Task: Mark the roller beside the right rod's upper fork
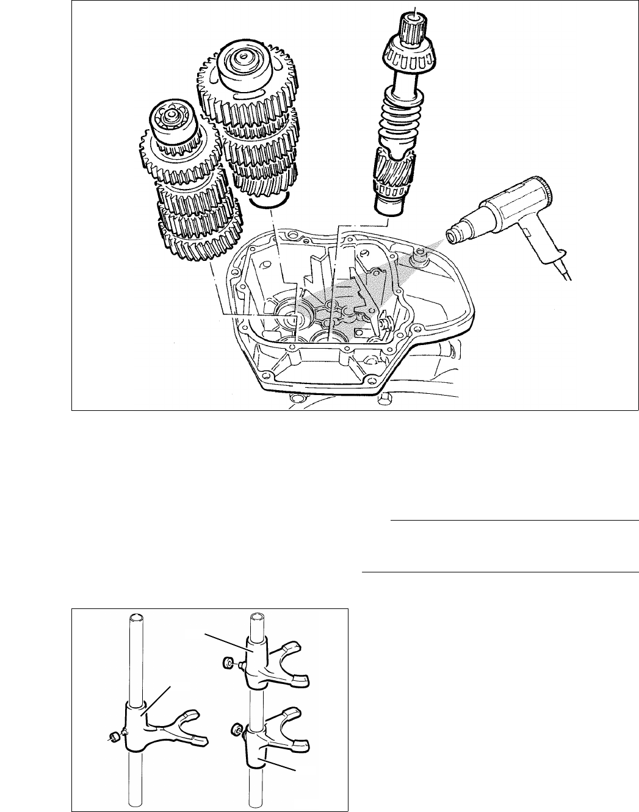coord(227,661)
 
